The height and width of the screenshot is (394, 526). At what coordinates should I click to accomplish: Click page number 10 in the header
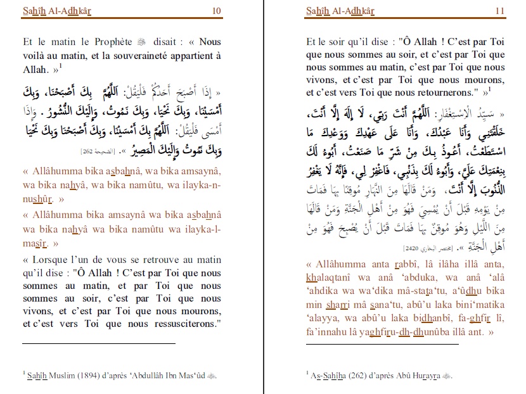pos(217,10)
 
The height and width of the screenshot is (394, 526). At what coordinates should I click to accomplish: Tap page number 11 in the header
pos(499,10)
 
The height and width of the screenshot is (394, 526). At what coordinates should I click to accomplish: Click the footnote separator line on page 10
pos(98,343)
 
